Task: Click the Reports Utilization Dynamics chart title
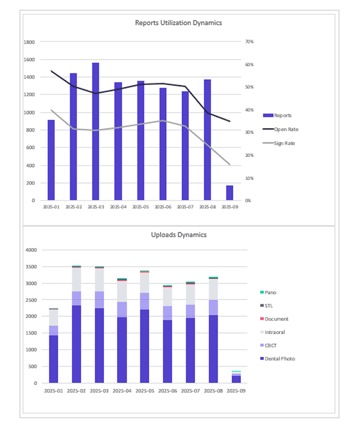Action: click(178, 23)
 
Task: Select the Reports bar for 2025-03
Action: click(95, 132)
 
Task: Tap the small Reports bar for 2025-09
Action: click(230, 193)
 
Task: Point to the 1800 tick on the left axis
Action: click(30, 42)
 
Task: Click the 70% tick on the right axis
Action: click(249, 42)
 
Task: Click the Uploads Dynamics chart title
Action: click(178, 235)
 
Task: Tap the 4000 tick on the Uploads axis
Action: click(32, 250)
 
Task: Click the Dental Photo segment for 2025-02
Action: click(77, 344)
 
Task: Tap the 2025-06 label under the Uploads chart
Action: click(167, 390)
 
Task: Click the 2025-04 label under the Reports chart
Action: click(118, 206)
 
